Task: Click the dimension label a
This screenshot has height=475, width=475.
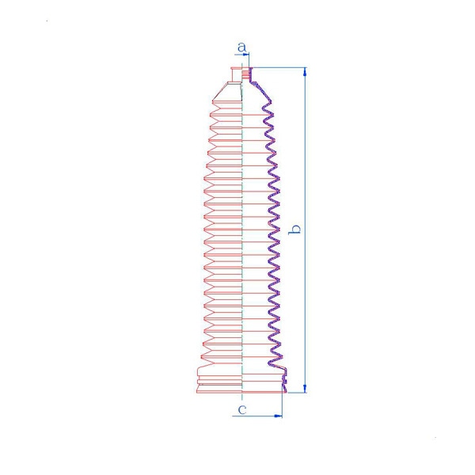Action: pos(241,47)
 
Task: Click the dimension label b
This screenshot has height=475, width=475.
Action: pos(294,229)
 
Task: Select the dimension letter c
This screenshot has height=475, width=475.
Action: pos(242,409)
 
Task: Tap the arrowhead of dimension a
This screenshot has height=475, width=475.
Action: pos(245,55)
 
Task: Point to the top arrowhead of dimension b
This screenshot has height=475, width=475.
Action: pos(305,71)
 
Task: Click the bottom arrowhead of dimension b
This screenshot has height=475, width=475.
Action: pos(305,389)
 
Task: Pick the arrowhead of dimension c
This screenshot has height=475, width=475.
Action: pos(278,416)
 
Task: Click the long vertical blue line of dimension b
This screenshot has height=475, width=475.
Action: pos(305,230)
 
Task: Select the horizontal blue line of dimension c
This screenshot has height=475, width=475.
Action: pos(257,416)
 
